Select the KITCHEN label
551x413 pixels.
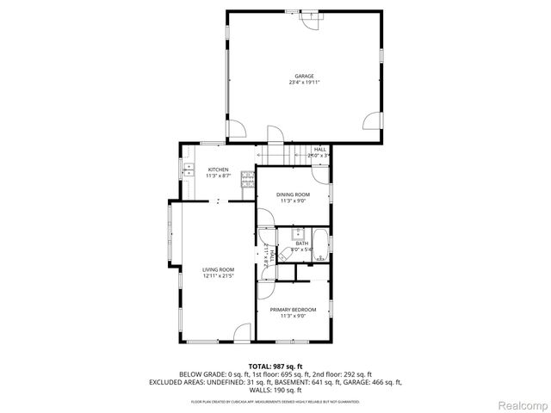pyautogui.click(x=218, y=170)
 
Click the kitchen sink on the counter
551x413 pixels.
pyautogui.click(x=188, y=171)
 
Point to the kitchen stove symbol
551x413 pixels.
pyautogui.click(x=248, y=179)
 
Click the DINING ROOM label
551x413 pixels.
pyautogui.click(x=293, y=194)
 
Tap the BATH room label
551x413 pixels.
pyautogui.click(x=302, y=243)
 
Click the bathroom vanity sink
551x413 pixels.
pyautogui.click(x=300, y=233)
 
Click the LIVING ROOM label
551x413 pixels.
pyautogui.click(x=218, y=269)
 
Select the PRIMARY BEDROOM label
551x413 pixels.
pyautogui.click(x=293, y=309)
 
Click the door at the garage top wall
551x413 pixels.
pyautogui.click(x=305, y=21)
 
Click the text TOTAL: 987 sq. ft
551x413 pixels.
pyautogui.click(x=275, y=366)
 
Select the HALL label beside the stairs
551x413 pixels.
pyautogui.click(x=319, y=150)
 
